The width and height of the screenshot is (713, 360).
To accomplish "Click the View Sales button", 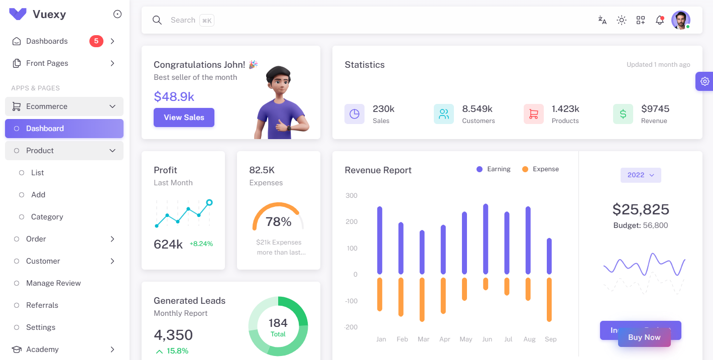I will (x=184, y=117).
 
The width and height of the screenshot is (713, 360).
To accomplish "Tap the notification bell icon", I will (x=660, y=20).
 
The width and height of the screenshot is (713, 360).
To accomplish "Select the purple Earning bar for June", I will (x=486, y=239).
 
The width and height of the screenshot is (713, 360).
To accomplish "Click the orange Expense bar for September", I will (x=549, y=299).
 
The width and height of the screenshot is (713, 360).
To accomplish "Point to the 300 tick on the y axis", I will (x=351, y=196).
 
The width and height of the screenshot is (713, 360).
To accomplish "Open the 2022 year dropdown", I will (x=641, y=175).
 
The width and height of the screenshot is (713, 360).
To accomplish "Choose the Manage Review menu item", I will (x=53, y=283).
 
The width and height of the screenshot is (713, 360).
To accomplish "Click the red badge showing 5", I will (x=96, y=41).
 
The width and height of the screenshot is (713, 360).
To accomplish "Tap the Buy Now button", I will (x=644, y=337).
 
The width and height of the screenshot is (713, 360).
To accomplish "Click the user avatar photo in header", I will (x=680, y=20).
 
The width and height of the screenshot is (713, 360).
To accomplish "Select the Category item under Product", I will (x=47, y=217).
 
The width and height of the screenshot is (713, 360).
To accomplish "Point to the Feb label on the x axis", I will (x=402, y=339).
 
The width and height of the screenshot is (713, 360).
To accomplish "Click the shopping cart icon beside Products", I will (x=533, y=114).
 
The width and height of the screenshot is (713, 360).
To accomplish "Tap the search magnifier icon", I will (x=157, y=20).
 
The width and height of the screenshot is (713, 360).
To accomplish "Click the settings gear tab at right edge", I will (x=705, y=81).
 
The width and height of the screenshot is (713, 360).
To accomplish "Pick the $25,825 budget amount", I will (x=641, y=209).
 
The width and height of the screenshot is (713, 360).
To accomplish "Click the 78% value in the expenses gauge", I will (x=278, y=221).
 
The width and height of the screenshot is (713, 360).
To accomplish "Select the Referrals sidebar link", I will (x=42, y=305).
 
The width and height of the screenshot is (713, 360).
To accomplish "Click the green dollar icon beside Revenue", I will (x=623, y=114).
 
